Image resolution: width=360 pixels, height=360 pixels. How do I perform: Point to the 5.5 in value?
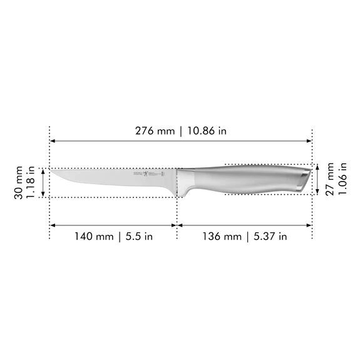tap(138, 236)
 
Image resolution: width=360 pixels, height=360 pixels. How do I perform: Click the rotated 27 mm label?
tap(330, 180)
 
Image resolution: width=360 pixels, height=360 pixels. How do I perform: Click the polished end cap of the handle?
tap(303, 180)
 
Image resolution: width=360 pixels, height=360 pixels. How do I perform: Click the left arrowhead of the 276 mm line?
tap(53, 142)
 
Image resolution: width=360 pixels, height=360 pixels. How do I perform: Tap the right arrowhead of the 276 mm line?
tap(309, 142)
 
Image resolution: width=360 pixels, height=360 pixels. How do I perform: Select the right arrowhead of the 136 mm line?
tap(309, 224)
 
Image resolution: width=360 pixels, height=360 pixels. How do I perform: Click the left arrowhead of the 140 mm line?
tap(53, 224)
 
